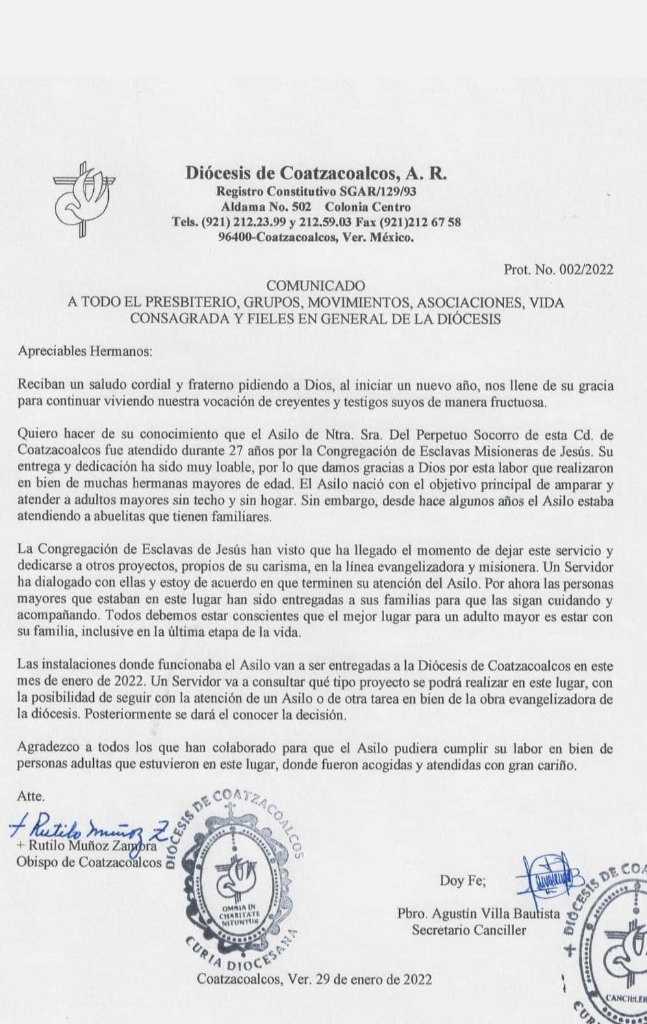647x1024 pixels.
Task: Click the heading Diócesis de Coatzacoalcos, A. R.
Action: tap(316, 173)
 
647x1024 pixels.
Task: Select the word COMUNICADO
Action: tap(316, 285)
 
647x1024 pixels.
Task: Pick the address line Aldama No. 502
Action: tap(266, 207)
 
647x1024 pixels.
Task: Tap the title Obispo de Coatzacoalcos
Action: tap(89, 862)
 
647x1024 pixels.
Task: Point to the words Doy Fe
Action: tap(463, 881)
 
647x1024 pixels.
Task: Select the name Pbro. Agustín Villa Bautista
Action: tap(478, 913)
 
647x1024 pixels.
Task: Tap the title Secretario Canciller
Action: tap(469, 930)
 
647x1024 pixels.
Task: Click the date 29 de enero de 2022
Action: tap(373, 979)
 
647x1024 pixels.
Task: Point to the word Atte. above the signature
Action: tap(31, 797)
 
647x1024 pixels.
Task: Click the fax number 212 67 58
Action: tap(431, 222)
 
